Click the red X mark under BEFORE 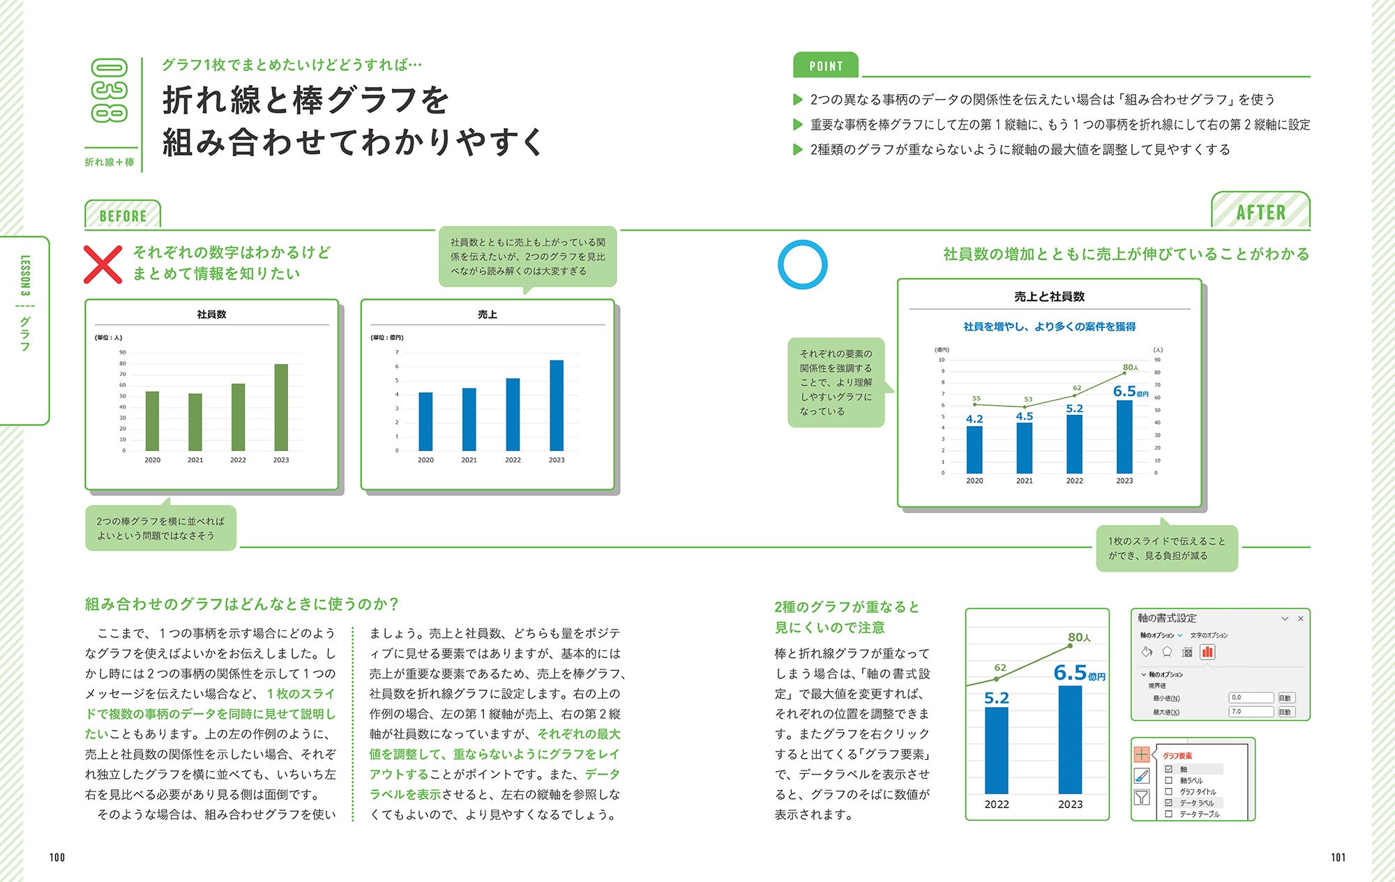[103, 265]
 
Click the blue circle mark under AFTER [802, 264]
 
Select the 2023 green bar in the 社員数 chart [281, 407]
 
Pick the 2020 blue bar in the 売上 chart [425, 421]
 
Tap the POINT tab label [826, 66]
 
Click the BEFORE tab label [123, 215]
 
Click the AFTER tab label [1260, 212]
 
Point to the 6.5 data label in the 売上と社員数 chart [1124, 391]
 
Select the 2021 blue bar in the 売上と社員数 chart [1024, 448]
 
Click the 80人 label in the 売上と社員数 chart [1130, 367]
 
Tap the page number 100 [57, 858]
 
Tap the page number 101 [1338, 858]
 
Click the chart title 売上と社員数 [1049, 296]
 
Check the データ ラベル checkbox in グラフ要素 [1169, 803]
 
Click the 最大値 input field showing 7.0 [1251, 712]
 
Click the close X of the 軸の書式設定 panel [1300, 618]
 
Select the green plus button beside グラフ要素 [1142, 754]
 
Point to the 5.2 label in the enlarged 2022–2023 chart [997, 698]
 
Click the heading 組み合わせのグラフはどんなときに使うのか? [241, 604]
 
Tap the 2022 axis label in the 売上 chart [513, 460]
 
